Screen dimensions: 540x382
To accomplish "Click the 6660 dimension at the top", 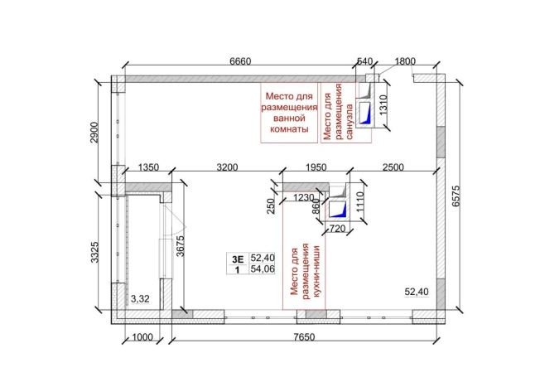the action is click(x=241, y=61).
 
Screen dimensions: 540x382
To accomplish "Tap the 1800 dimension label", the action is click(x=405, y=61).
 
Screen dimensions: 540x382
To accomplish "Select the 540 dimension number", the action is click(x=364, y=61).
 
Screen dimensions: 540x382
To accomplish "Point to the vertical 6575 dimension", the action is click(x=456, y=196).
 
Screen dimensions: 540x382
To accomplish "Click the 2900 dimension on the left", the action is click(x=94, y=133).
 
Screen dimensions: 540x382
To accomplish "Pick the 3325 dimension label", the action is click(x=94, y=252).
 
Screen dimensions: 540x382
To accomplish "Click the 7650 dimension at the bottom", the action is click(x=305, y=336).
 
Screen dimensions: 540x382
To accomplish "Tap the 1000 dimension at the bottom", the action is click(x=142, y=336).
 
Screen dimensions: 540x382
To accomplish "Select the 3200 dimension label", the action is click(x=227, y=167).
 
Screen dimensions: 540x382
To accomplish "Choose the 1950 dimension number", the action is click(x=316, y=167).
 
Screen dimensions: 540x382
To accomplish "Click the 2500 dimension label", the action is click(x=393, y=167).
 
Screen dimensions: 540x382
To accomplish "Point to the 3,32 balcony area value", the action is click(x=140, y=298).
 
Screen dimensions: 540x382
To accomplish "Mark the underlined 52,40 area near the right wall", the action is click(x=417, y=292).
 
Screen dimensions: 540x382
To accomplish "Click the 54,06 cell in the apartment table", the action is click(x=263, y=268).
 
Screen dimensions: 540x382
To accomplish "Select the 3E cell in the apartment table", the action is click(x=238, y=259).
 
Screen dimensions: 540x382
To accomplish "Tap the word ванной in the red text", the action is click(x=289, y=118).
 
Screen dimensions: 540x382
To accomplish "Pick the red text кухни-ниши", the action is click(x=316, y=272).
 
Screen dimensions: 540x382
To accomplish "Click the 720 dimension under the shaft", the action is click(x=338, y=229).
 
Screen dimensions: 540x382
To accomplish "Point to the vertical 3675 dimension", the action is click(x=181, y=245).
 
